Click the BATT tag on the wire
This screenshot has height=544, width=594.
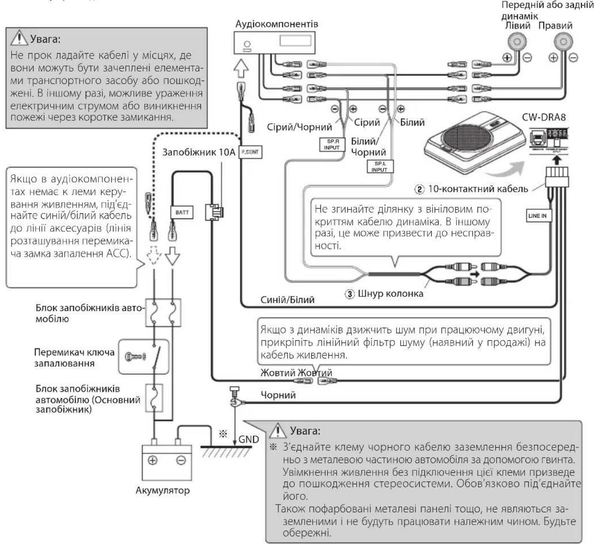pos(182,212)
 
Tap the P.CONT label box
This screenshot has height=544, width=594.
pos(250,152)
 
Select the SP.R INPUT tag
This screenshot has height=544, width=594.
pos(331,144)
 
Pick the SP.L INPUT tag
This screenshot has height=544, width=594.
pos(379,167)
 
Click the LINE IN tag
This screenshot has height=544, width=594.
pos(537,215)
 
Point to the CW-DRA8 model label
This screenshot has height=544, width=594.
pos(543,117)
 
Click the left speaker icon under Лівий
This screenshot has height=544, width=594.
pos(517,42)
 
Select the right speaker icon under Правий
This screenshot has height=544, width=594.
pos(563,42)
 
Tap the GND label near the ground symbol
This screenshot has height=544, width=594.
pos(249,439)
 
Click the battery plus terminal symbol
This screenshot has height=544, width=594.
pos(152,460)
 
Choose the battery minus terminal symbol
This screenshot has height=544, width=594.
pos(181,460)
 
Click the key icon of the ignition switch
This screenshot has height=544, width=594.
pos(134,356)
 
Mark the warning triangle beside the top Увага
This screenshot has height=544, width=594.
pos(19,39)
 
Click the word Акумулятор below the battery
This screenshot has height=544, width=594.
pos(162,490)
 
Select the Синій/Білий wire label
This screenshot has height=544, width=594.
pos(287,300)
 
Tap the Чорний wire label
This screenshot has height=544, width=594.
pos(278,395)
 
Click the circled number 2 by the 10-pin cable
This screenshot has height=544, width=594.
pos(420,189)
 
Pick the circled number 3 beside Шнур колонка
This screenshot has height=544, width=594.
pos(350,294)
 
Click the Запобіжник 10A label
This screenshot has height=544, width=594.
pos(199,152)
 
